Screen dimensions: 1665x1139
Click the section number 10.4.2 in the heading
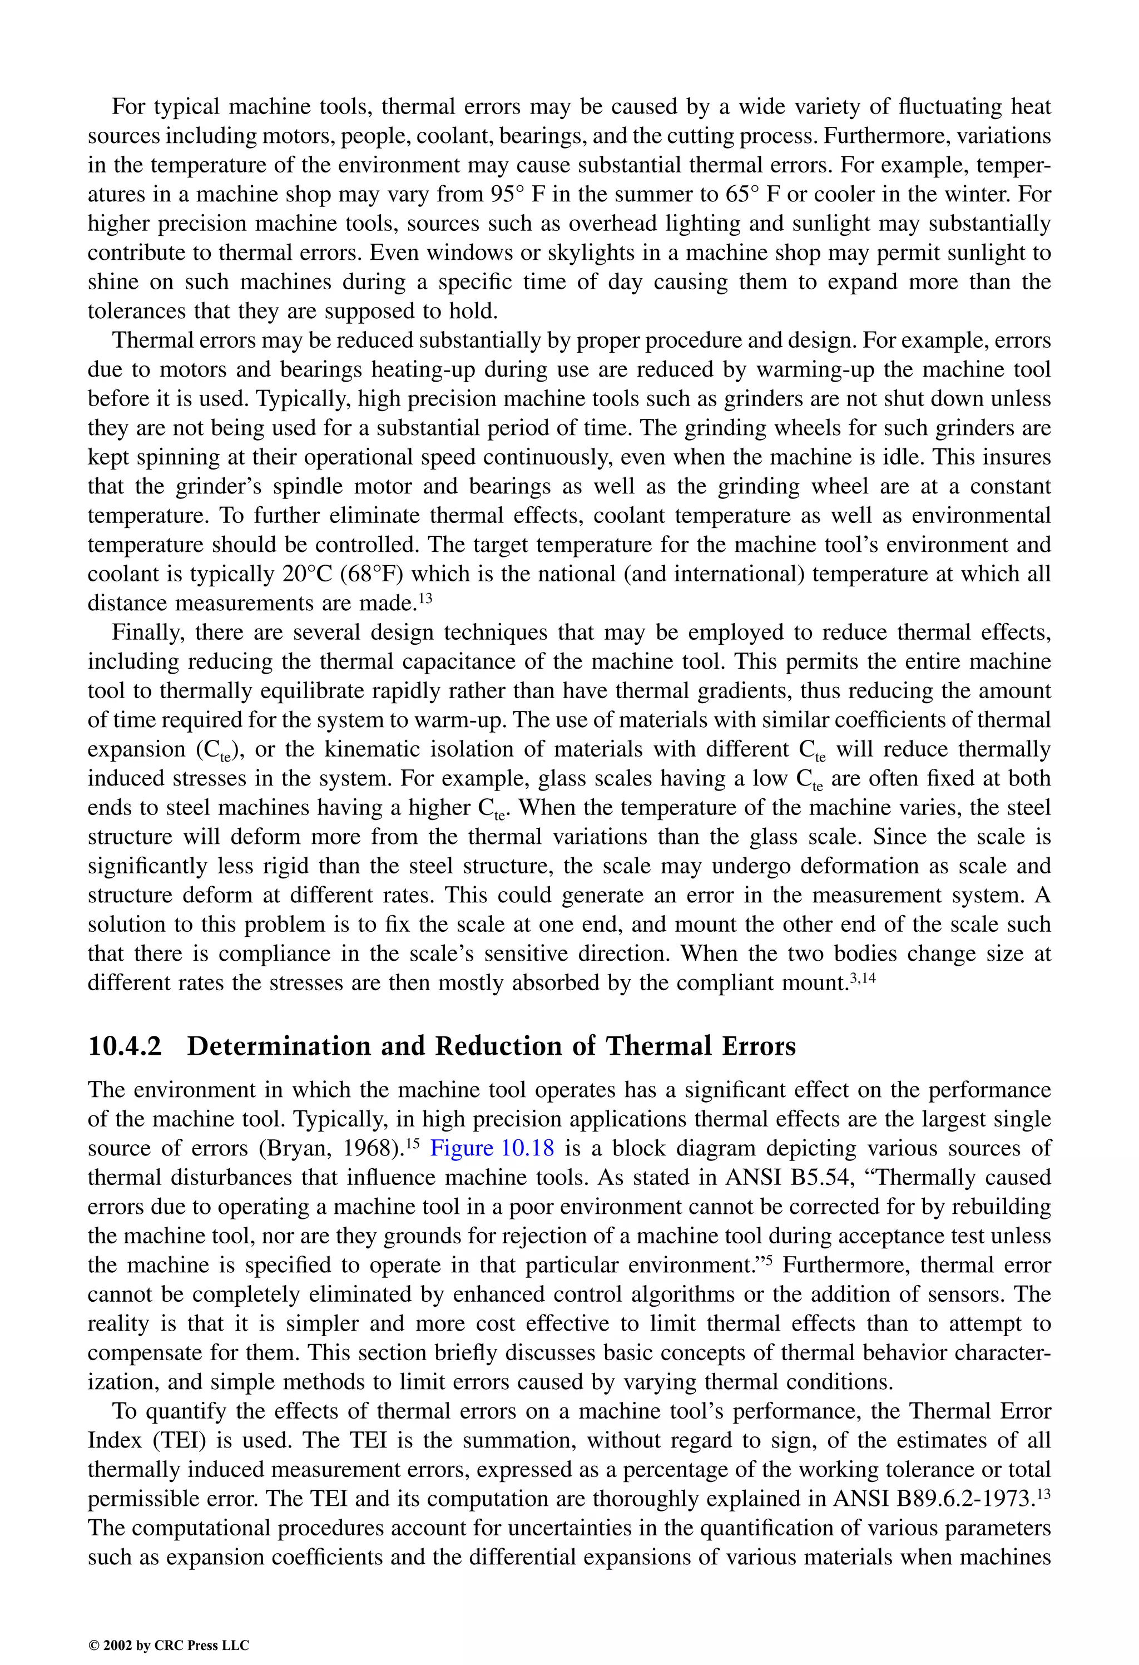point(125,1047)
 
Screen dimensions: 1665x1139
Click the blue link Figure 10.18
point(492,1148)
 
